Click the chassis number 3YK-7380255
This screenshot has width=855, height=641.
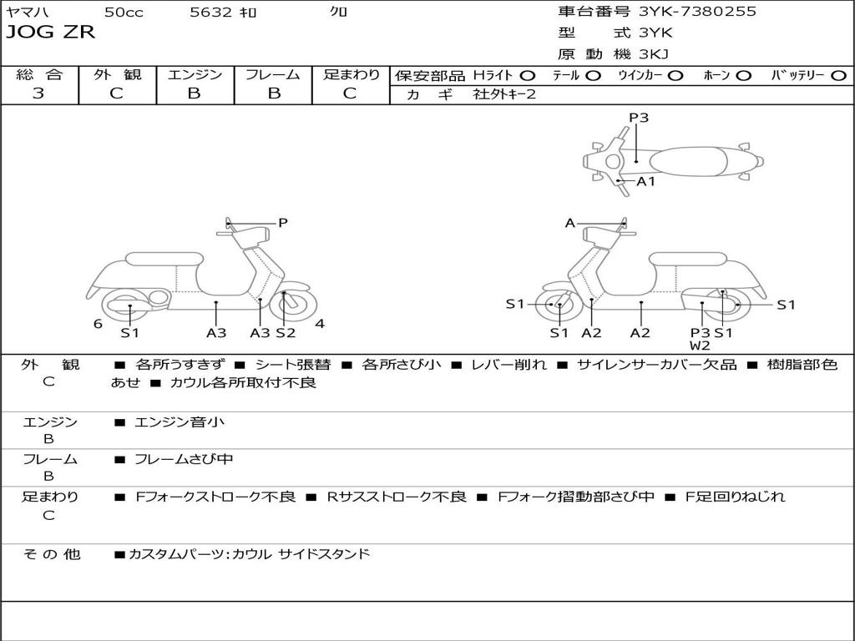pyautogui.click(x=697, y=12)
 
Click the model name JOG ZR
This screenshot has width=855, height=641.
pyautogui.click(x=50, y=33)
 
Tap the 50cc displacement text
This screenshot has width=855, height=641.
pyautogui.click(x=123, y=13)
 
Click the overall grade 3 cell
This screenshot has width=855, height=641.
pyautogui.click(x=38, y=93)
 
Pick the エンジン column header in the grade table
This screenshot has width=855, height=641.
pyautogui.click(x=195, y=74)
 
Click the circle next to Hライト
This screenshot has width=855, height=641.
pyautogui.click(x=528, y=75)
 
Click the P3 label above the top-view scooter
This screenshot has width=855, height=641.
pyautogui.click(x=639, y=118)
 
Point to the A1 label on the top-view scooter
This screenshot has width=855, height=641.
pyautogui.click(x=646, y=181)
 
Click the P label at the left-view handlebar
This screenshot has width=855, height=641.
pyautogui.click(x=283, y=223)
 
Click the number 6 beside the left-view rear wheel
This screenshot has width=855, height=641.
pyautogui.click(x=98, y=324)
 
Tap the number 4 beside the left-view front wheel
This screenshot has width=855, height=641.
pyautogui.click(x=319, y=324)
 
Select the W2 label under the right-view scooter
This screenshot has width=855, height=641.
pyautogui.click(x=700, y=346)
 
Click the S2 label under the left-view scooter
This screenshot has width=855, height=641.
pyautogui.click(x=286, y=333)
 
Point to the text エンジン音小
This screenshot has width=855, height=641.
pyautogui.click(x=180, y=422)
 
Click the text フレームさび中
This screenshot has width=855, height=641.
pyautogui.click(x=184, y=459)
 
